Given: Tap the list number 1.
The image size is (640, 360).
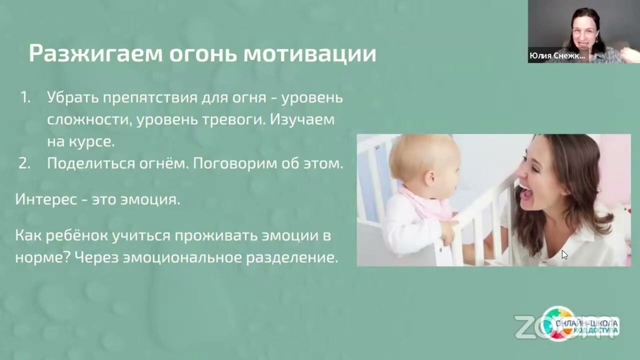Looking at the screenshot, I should coord(25,97).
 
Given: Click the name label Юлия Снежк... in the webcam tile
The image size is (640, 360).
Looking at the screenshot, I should coord(556,56).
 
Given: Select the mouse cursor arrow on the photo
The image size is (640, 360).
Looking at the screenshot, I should coord(564,254).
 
